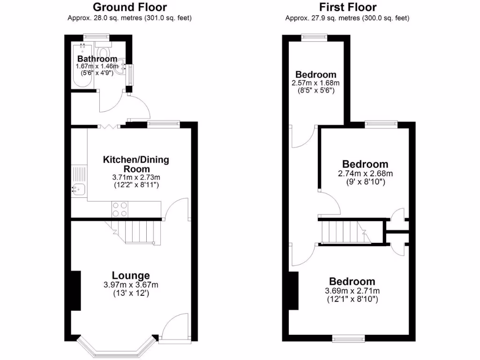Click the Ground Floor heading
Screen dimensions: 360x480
point(129,7)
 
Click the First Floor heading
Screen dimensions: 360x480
point(347,7)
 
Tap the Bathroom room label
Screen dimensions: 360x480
point(97,59)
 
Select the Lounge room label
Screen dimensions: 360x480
point(131,276)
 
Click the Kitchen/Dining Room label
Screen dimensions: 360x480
point(136,164)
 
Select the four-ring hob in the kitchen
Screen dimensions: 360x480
point(120,209)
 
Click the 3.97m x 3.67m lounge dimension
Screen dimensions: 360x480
point(131,285)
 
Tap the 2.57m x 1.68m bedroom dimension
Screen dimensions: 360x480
point(315,82)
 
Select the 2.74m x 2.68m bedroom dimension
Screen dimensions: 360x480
point(365,173)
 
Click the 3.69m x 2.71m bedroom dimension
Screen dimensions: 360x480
point(352,291)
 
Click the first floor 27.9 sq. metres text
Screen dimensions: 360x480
point(347,18)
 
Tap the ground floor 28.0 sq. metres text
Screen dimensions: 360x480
point(129,18)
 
